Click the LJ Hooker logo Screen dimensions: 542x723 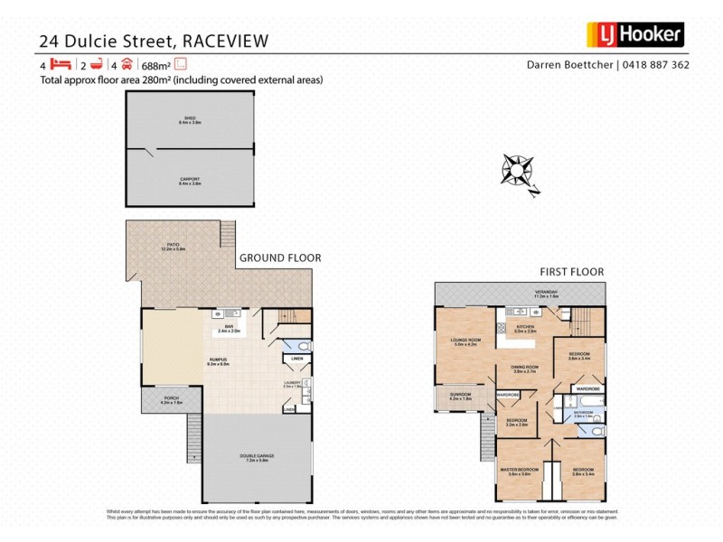point(634,34)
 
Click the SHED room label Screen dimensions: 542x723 point(190,118)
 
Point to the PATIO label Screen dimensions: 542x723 point(173,245)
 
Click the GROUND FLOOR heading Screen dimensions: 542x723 point(279,257)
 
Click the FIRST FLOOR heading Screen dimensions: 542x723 point(571,271)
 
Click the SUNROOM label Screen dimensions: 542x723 point(460,395)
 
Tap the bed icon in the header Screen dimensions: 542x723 point(61,64)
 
